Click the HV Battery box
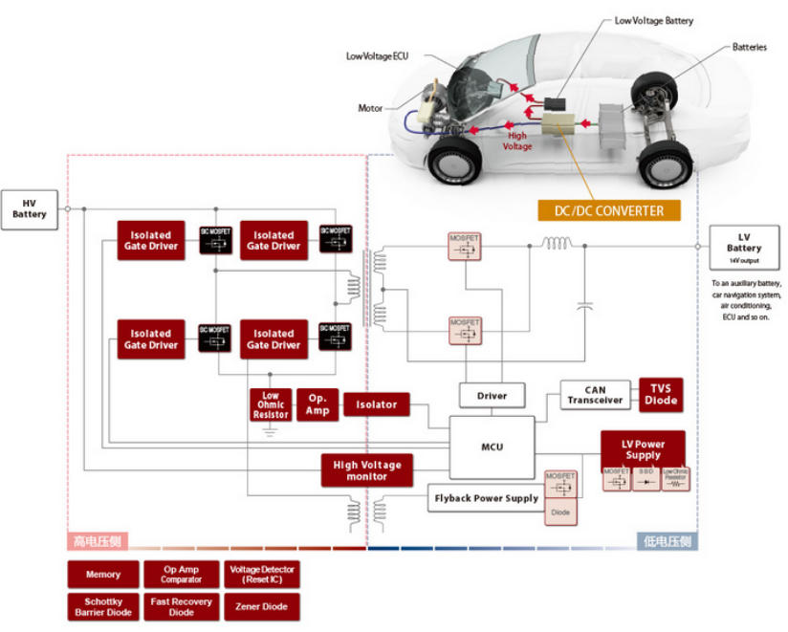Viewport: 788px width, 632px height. pos(30,208)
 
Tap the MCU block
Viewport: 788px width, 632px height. pos(492,447)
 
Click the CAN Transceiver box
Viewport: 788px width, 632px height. pos(595,395)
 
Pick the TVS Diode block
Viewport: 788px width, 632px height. pos(661,395)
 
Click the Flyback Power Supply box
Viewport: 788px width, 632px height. pos(486,498)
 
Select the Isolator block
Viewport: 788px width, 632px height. pos(376,404)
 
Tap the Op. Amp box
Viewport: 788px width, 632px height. pos(318,404)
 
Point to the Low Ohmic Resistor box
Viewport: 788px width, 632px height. pos(271,404)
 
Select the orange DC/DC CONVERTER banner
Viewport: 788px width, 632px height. pos(609,210)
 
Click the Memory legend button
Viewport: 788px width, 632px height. pos(103,574)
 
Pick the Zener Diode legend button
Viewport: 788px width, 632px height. pos(262,606)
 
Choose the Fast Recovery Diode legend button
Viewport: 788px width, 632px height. pos(182,606)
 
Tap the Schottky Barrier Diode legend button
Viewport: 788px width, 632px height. pos(103,606)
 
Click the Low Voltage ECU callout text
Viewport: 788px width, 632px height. pos(377,56)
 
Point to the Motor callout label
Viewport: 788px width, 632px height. pos(370,108)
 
